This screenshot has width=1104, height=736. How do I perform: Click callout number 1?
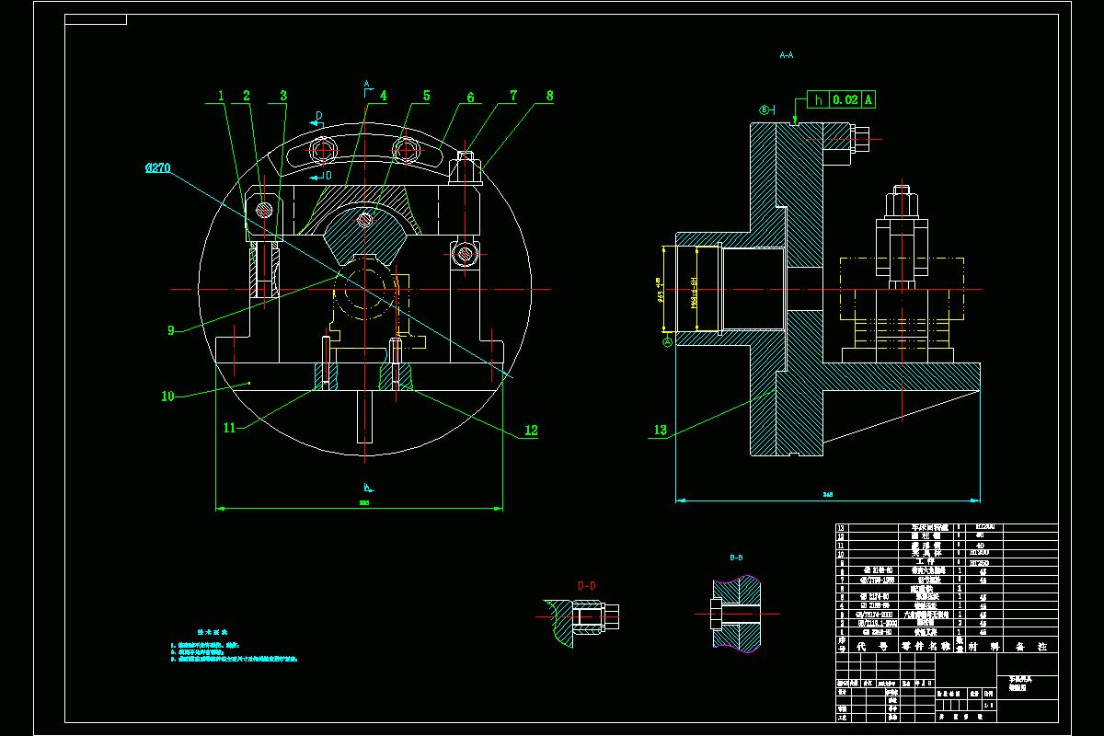pos(221,96)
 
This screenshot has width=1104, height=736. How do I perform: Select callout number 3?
pos(283,96)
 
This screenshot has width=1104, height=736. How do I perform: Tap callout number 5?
pos(427,96)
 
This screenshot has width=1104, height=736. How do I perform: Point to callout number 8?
pos(549,96)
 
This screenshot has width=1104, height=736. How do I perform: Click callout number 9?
pos(171,330)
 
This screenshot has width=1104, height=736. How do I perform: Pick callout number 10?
pos(167,397)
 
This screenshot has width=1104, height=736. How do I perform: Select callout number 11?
pos(230,428)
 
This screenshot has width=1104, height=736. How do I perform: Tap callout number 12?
pos(531,430)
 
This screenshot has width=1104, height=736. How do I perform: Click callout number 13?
pos(660,430)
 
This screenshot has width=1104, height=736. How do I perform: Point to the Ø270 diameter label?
pos(157,168)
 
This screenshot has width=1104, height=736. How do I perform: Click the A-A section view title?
pos(786,55)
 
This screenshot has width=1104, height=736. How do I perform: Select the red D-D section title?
pos(586,585)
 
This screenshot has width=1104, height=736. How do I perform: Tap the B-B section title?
pos(736,558)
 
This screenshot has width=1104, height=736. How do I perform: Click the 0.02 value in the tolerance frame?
pos(844,99)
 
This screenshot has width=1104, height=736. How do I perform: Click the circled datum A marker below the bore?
pos(668,341)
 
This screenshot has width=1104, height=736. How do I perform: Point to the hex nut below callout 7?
pos(466,169)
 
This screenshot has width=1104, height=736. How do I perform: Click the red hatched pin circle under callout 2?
pos(265,209)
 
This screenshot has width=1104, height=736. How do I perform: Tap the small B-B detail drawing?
pos(735,613)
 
